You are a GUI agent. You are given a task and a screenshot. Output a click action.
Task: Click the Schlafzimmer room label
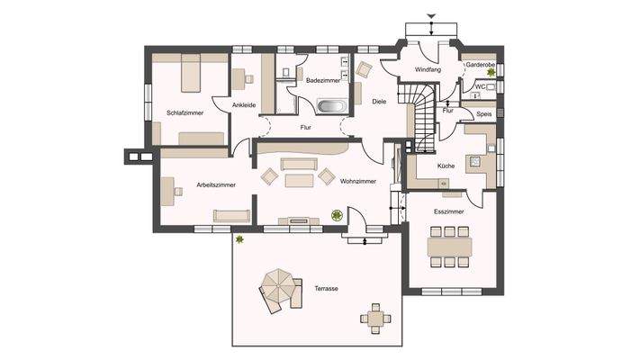tap(185, 112)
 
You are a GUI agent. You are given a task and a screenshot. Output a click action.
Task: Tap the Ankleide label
tap(244, 105)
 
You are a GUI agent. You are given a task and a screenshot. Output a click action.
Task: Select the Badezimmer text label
tap(321, 80)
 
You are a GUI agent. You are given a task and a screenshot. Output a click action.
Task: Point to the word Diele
tap(379, 101)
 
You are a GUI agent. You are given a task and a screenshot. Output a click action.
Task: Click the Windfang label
tap(427, 69)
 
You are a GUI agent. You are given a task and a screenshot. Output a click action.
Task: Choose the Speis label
tap(482, 114)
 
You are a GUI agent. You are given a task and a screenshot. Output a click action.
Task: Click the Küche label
tap(446, 166)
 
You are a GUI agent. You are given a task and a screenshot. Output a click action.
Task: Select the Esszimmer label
tap(448, 211)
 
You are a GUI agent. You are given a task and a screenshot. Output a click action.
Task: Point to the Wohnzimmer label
tap(357, 181)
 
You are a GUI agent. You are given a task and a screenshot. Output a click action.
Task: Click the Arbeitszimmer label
tap(216, 184)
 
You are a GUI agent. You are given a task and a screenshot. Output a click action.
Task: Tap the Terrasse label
tap(326, 288)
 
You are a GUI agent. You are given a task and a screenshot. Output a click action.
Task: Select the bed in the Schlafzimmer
tap(190, 72)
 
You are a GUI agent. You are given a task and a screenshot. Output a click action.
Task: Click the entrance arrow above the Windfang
tap(431, 16)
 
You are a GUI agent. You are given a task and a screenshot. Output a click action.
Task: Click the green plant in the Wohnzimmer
tap(337, 215)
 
